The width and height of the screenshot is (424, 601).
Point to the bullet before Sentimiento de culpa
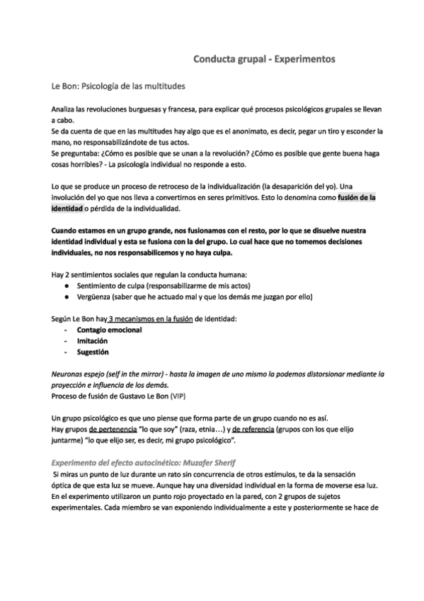[66, 286]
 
